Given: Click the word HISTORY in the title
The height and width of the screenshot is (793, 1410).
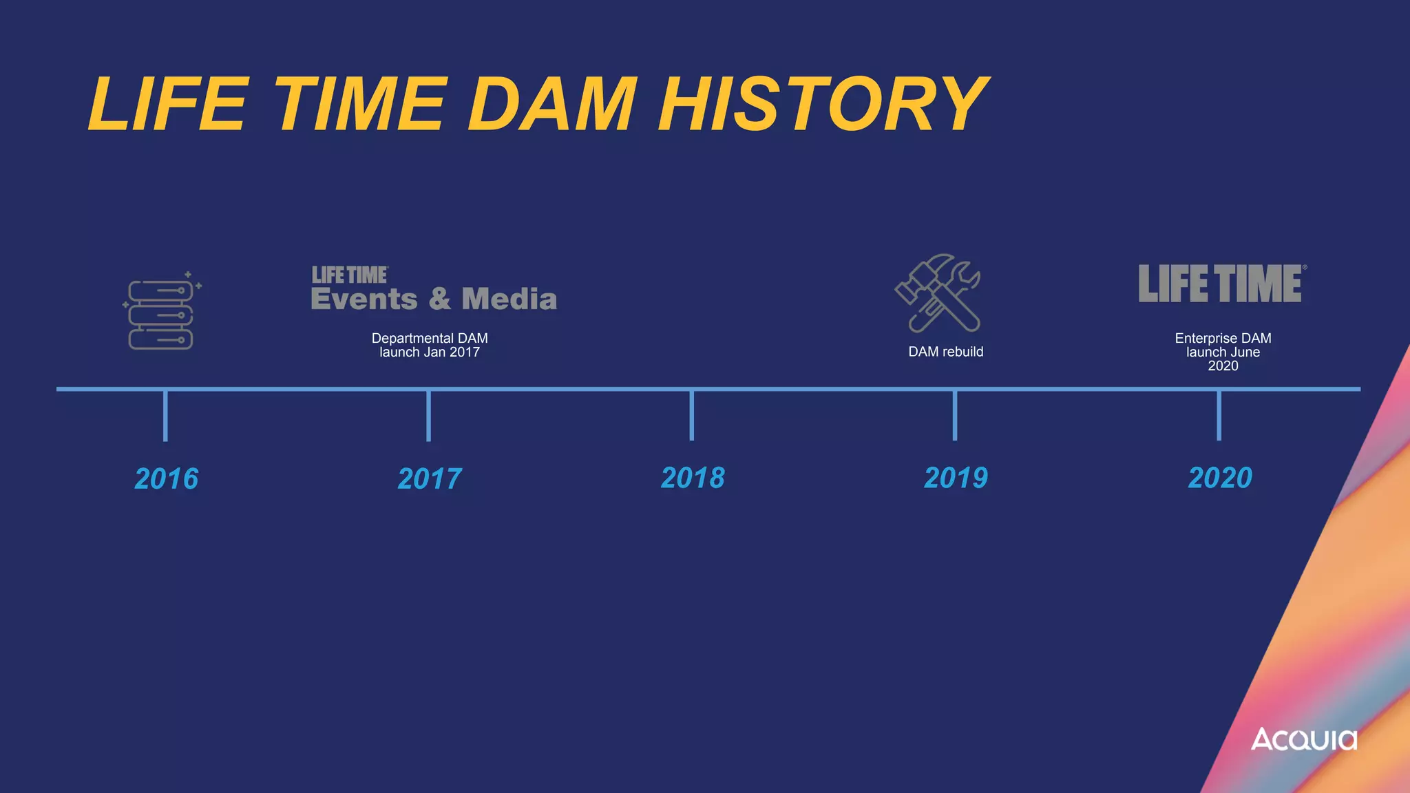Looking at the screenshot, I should pos(823,105).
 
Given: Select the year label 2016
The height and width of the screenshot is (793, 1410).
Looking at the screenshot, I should pos(166,479).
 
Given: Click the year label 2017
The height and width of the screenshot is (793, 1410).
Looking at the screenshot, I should pos(430,479).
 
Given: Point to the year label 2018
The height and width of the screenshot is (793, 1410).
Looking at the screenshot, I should pos(693,478).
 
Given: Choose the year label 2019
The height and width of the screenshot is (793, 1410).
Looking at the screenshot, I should pos(956,478).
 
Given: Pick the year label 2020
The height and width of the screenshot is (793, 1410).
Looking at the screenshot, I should pos(1220,478).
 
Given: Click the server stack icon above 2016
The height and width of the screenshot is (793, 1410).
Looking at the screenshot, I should pos(161,313).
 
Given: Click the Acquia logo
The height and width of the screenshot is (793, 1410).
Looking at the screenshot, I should pos(1303,740).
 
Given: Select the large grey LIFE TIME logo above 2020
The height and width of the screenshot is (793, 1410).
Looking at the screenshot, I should pos(1221,284).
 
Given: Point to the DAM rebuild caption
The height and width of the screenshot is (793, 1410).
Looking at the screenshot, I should pos(945,352).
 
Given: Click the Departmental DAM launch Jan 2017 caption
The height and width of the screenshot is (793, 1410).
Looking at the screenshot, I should pos(430,345).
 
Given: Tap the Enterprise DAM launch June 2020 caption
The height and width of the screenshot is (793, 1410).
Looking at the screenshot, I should pos(1223,352).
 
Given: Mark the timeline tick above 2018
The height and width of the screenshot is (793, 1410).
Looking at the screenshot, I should pos(691,415).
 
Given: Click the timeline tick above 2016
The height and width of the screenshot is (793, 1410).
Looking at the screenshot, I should pos(165,415).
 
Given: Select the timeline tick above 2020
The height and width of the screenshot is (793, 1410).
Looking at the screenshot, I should pos(1219,415).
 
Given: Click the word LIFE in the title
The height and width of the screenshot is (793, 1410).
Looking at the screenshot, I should pos(168,105).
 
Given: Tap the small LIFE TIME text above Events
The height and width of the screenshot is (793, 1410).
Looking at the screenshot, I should pos(350,275).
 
